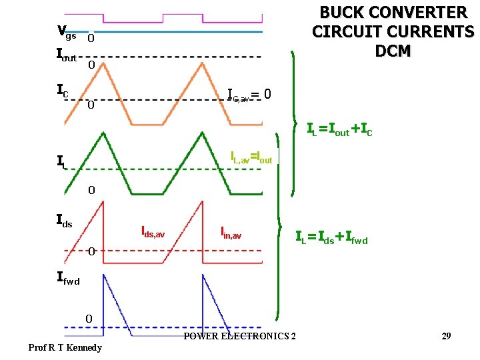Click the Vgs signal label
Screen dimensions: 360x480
67,31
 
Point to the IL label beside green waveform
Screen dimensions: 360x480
61,161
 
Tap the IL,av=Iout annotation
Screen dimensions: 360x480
251,159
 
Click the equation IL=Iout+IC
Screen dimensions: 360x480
339,129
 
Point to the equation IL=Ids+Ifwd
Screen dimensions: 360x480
331,237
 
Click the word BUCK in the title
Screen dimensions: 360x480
347,13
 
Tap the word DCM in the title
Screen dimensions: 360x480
393,51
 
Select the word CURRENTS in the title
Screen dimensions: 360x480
427,32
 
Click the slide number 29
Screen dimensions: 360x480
446,335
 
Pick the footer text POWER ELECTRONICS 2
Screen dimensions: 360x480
239,335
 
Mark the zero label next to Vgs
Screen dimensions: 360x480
91,39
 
